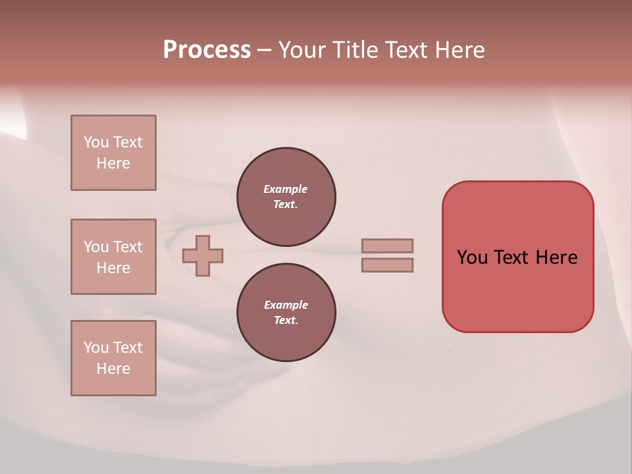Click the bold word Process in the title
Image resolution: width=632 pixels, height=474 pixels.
point(207,50)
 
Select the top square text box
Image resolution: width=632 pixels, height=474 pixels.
point(113,153)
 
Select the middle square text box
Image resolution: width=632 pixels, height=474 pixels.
point(113,257)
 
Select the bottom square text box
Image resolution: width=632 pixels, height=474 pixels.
point(113,358)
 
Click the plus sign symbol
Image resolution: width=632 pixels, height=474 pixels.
point(203,255)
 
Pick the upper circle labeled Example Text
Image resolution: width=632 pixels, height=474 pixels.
point(286,197)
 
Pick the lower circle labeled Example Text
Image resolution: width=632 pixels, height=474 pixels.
point(286,313)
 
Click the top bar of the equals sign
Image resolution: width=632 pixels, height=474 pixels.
point(387,246)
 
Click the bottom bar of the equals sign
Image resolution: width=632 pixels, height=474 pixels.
point(387,265)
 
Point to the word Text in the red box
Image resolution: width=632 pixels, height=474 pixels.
point(512,257)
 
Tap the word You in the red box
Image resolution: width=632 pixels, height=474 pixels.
point(472,257)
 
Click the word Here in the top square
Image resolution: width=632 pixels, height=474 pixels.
point(113,163)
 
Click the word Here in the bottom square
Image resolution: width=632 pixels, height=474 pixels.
point(113,369)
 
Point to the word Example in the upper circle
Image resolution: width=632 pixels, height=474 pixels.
point(286,190)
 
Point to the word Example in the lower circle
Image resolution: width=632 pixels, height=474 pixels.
point(286,305)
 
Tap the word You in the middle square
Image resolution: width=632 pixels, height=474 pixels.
point(96,247)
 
